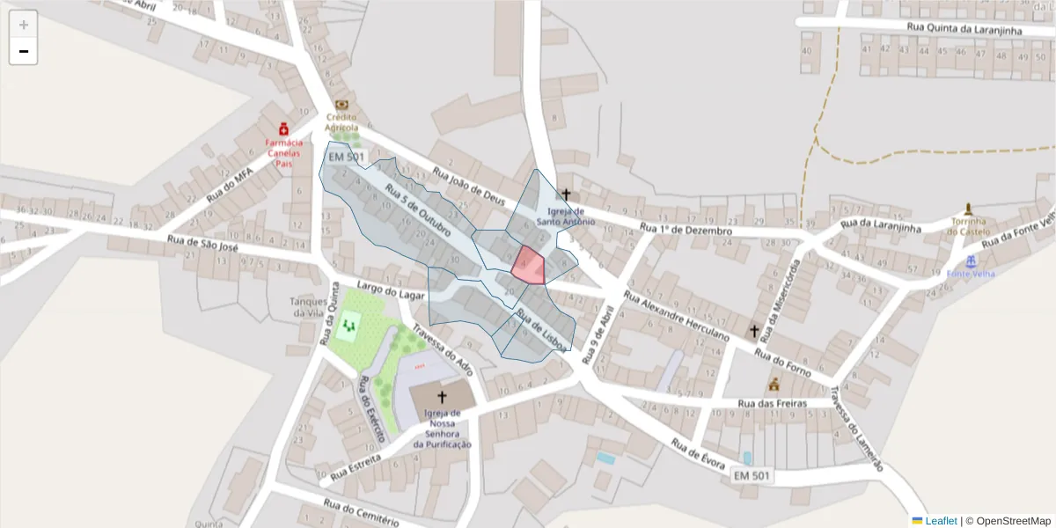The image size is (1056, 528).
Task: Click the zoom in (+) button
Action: click(24, 25)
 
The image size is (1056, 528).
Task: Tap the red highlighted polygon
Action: click(529, 266)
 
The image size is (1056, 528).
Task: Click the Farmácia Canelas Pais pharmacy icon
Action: click(283, 128)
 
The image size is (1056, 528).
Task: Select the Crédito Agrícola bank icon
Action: click(341, 105)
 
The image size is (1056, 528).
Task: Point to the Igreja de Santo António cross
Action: click(566, 194)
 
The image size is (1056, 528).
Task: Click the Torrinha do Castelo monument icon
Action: click(968, 209)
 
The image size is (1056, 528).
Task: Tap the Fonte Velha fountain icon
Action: click(971, 261)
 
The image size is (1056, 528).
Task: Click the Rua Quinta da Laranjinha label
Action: click(964, 30)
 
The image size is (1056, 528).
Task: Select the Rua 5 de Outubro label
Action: click(418, 212)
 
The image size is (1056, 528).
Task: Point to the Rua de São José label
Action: click(203, 245)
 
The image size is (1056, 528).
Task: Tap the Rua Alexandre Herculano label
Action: click(676, 317)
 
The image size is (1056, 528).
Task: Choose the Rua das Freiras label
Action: click(772, 404)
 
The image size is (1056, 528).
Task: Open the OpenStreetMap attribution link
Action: click(1013, 521)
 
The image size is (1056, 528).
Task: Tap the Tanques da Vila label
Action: click(309, 307)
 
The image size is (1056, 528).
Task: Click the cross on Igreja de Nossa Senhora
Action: click(442, 397)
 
